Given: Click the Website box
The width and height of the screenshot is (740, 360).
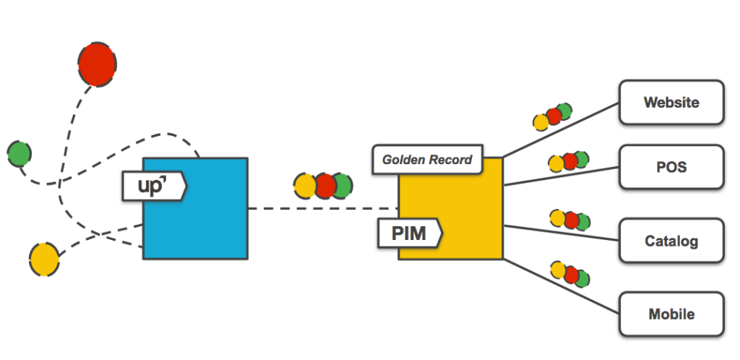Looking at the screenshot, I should click(x=671, y=103).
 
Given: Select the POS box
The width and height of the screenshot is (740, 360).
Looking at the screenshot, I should click(x=671, y=168).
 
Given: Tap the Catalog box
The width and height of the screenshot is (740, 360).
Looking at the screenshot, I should click(x=671, y=240).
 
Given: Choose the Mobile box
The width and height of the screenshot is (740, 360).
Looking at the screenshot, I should click(x=671, y=314).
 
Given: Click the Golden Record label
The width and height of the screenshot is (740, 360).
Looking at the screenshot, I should click(x=427, y=160).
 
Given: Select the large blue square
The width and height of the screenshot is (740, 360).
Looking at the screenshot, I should click(x=210, y=217).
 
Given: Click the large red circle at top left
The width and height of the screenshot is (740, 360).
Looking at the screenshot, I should click(x=97, y=65).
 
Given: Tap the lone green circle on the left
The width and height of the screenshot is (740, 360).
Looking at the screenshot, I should click(x=20, y=153).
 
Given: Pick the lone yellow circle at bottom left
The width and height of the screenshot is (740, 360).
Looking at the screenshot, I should click(x=44, y=258).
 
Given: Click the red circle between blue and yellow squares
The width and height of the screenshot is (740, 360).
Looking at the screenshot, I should click(x=324, y=186).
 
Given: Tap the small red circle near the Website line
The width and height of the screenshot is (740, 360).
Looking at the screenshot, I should click(x=554, y=115).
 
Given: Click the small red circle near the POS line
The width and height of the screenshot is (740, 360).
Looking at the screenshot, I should click(x=569, y=162).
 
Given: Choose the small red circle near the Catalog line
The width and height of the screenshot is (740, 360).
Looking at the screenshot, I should click(x=571, y=219).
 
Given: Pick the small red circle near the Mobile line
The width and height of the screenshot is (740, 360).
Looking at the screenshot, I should click(x=571, y=274).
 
